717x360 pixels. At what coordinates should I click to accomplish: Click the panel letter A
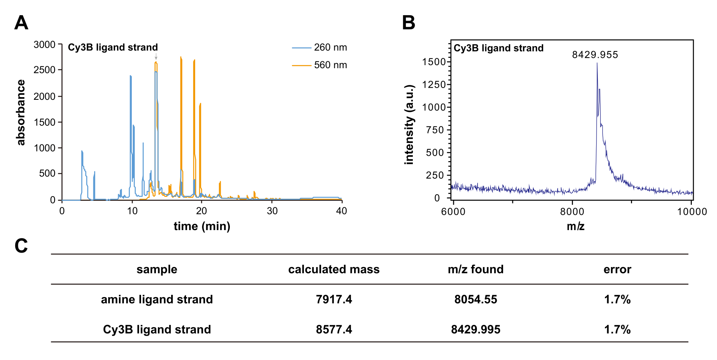tap(21, 23)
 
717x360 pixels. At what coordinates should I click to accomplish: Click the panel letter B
tap(409, 23)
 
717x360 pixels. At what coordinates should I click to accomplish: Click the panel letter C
tap(21, 246)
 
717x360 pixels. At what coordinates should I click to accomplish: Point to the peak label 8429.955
tap(595, 55)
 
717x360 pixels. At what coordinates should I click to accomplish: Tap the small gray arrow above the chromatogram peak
tap(156, 57)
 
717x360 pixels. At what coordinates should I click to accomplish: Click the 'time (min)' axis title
tap(202, 226)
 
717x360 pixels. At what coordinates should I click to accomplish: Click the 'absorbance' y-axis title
tap(21, 113)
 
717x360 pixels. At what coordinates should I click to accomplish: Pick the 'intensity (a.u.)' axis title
tap(409, 125)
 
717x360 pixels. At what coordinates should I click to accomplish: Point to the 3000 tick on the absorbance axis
tap(45, 45)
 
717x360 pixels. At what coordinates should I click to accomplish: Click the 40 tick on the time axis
tap(342, 211)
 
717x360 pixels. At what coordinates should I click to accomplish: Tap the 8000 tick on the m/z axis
tap(572, 212)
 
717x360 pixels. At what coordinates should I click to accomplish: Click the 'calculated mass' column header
tap(334, 269)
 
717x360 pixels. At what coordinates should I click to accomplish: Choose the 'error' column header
tap(617, 269)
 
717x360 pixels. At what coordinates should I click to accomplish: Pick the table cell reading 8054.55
tap(475, 299)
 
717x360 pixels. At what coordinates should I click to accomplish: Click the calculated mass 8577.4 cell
tap(334, 330)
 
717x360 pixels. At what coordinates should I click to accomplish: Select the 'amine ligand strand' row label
tap(157, 299)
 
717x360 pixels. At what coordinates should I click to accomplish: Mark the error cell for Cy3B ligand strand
tap(617, 330)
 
